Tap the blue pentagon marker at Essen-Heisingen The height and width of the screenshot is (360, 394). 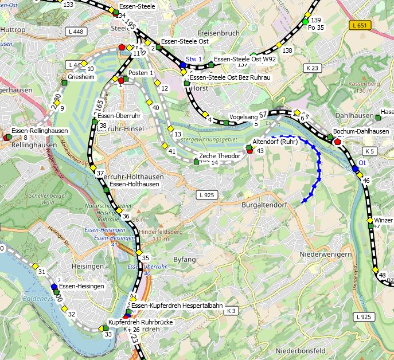coord(54,287)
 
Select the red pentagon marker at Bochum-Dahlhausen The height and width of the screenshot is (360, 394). coord(337,142)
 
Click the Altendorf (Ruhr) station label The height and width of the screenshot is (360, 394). coord(275,142)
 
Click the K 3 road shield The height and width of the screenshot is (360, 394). coord(231,311)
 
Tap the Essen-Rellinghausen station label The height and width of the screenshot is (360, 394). coord(39,131)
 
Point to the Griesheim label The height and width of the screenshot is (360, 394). coord(81,76)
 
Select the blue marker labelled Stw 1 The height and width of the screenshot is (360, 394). coord(183,65)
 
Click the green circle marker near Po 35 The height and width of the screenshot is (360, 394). coord(305,22)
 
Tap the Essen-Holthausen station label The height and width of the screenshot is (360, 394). coord(134,184)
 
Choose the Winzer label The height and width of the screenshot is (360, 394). coord(384,220)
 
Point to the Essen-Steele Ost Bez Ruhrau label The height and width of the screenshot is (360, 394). coord(229,77)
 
